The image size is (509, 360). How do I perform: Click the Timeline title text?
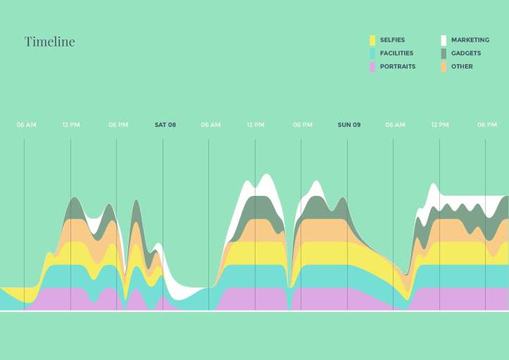(49, 42)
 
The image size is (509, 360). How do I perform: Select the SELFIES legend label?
(392, 40)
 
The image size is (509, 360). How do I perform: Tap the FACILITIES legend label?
(396, 54)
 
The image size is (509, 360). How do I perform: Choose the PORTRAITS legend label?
(397, 67)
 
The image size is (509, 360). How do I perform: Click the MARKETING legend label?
(470, 40)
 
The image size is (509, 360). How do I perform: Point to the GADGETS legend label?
(466, 54)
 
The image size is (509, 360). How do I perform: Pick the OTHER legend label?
(462, 67)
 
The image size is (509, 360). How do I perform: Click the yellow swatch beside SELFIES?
(372, 40)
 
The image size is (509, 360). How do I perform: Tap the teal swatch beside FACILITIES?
(372, 54)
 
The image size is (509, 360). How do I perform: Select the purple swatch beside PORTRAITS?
(372, 67)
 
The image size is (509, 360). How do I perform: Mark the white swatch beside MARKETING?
(444, 40)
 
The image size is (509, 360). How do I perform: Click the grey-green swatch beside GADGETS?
(444, 54)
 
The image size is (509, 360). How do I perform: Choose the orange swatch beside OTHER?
(444, 67)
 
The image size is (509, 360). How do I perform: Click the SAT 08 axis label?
(165, 125)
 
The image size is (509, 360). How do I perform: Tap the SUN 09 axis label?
(348, 125)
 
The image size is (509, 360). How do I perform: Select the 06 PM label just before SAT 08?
(118, 125)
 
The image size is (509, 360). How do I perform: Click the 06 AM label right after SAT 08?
(210, 125)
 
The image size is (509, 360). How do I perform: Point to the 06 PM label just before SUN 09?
(303, 125)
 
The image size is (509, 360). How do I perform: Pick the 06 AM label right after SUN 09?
(395, 125)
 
